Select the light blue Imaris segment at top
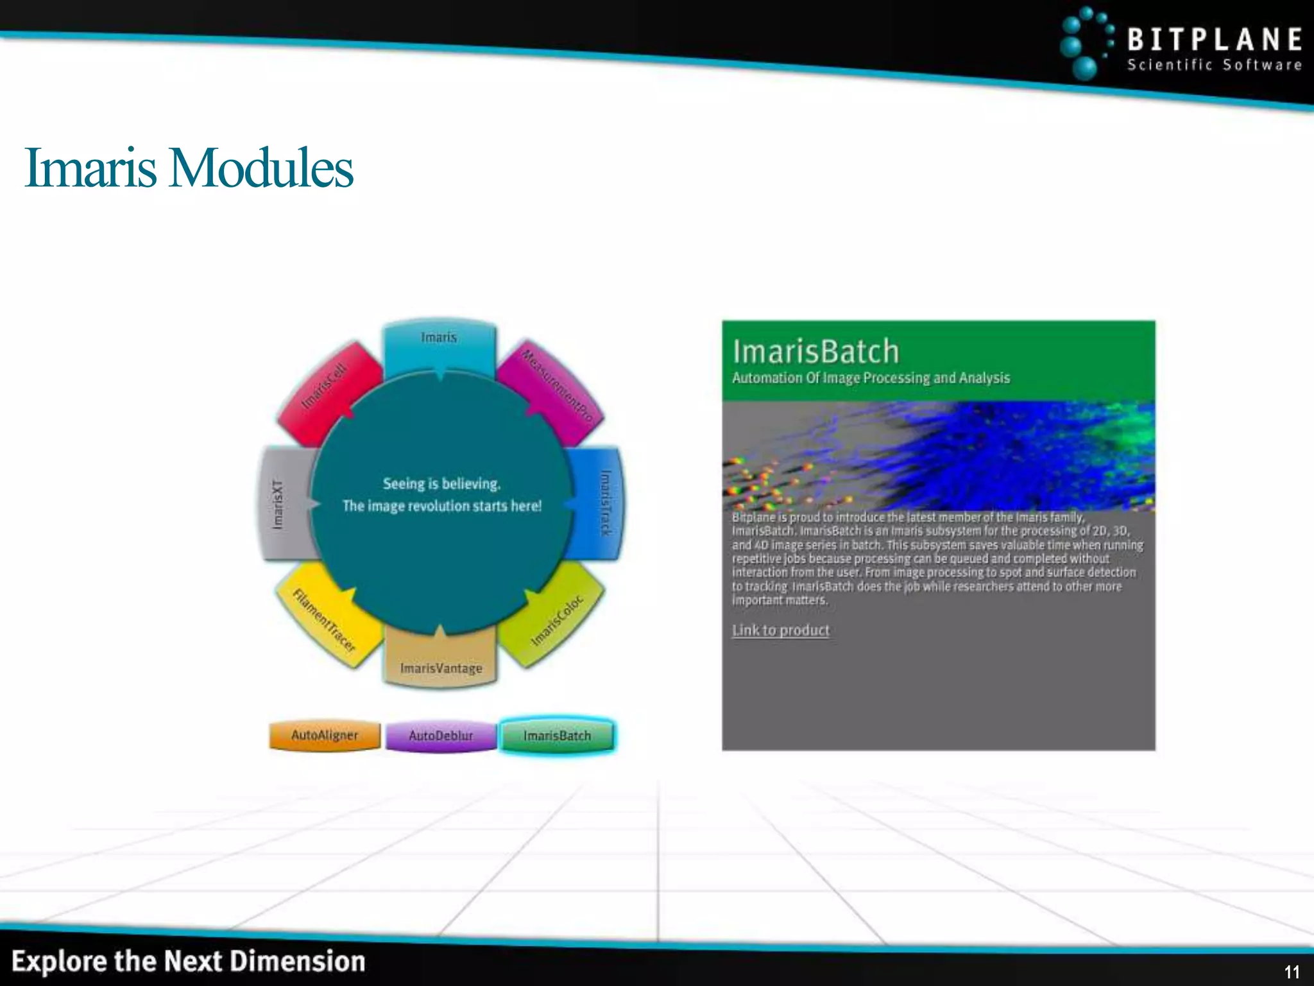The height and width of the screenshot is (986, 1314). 439,343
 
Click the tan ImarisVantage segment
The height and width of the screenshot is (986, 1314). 441,664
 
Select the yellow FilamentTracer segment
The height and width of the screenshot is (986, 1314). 324,619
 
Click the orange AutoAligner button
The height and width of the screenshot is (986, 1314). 325,735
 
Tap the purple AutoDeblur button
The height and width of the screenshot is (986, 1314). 441,736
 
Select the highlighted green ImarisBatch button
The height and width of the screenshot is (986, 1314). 557,736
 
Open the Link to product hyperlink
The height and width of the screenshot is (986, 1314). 781,630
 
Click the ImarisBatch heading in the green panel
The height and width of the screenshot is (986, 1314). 816,352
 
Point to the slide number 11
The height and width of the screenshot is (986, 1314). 1292,972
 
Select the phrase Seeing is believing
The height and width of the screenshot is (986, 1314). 441,483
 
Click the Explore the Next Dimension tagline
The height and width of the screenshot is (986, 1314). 189,962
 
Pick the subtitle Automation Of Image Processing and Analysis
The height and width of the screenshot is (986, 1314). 871,378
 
